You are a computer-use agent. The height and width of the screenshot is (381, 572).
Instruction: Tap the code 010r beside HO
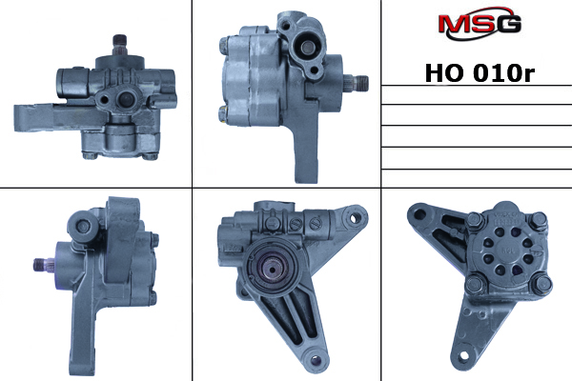pyautogui.click(x=503, y=73)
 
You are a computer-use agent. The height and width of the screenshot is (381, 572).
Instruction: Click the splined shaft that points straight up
pyautogui.click(x=120, y=45)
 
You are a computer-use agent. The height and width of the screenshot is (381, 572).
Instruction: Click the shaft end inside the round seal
pyautogui.click(x=272, y=269)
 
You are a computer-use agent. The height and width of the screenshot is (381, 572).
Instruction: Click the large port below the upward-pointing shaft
pyautogui.click(x=128, y=99)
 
